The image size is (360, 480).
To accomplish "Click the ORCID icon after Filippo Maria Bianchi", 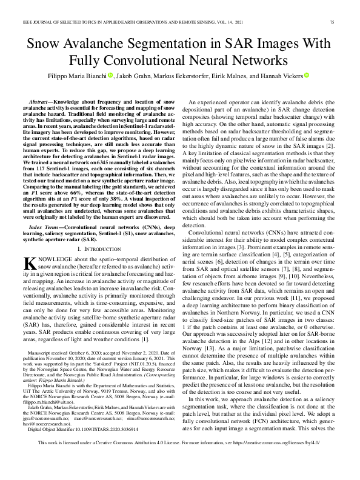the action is (111, 76).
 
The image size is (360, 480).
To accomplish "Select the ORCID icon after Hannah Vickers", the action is (307, 76).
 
